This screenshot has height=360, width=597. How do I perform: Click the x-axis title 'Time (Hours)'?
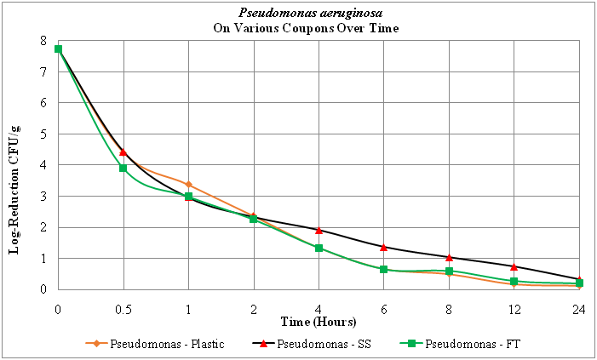click(x=318, y=322)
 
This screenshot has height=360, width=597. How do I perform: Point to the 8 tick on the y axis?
click(x=43, y=41)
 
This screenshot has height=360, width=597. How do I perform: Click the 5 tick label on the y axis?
click(x=43, y=134)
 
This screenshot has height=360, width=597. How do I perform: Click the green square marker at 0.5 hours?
click(x=123, y=169)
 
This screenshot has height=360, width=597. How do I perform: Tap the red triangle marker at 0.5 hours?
click(x=123, y=152)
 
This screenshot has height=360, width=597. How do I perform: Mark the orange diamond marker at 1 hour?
click(x=188, y=185)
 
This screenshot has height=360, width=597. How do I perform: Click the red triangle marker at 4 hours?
click(x=319, y=230)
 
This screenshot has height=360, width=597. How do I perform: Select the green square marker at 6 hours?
click(x=384, y=269)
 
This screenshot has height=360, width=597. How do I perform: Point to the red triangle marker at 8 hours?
click(x=449, y=257)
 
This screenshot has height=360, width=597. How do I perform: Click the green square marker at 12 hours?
click(x=514, y=281)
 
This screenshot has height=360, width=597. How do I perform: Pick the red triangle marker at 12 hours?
click(x=514, y=266)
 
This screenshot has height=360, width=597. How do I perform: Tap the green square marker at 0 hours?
click(x=58, y=49)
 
